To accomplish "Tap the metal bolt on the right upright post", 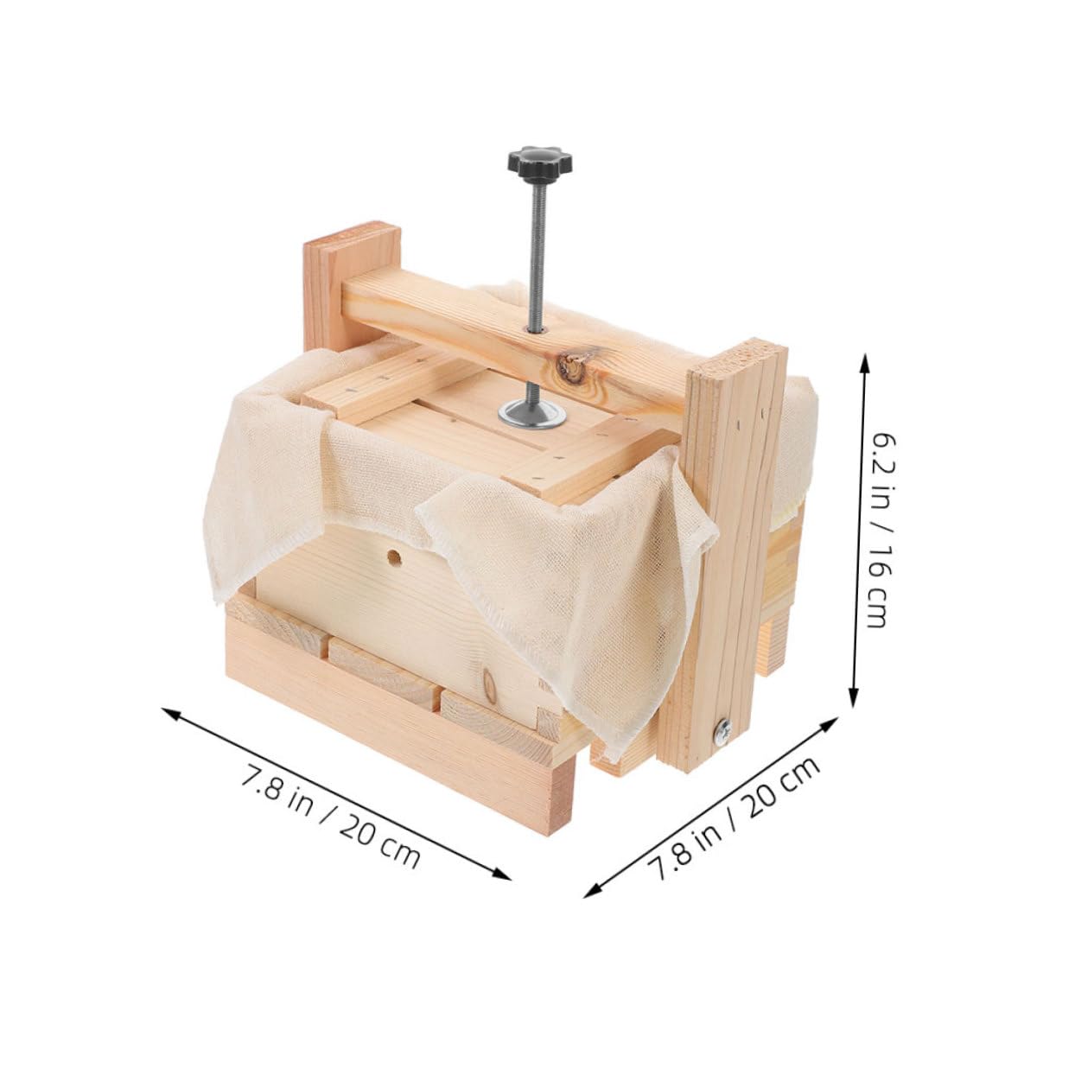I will tap(721, 733).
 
